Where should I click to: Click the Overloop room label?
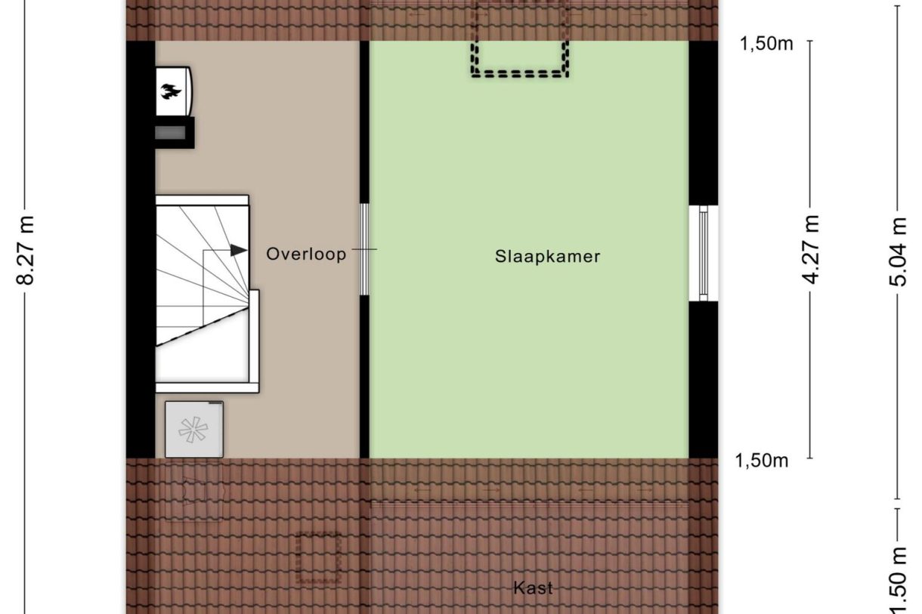(306, 255)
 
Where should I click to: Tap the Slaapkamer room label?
(547, 256)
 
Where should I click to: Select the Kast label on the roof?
(533, 588)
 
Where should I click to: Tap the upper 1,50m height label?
(766, 43)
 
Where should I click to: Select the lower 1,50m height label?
(762, 460)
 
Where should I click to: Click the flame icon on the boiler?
(169, 92)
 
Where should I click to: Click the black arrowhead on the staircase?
(240, 250)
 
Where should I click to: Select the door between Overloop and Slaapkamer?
(364, 249)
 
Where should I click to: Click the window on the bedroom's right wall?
(704, 253)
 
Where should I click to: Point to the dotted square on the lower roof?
(319, 557)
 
